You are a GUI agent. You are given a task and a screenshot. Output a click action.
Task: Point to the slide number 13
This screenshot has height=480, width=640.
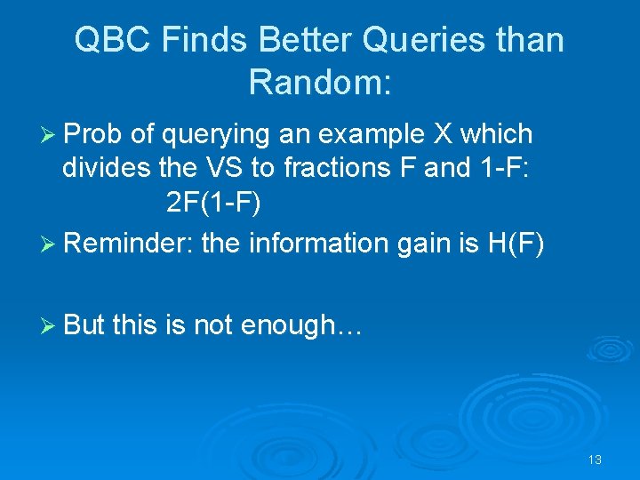[595, 460]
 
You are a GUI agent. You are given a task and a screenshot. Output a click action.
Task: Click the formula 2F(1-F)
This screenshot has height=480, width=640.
[213, 204]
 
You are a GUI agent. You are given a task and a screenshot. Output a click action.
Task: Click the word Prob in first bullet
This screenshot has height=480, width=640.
[93, 134]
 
